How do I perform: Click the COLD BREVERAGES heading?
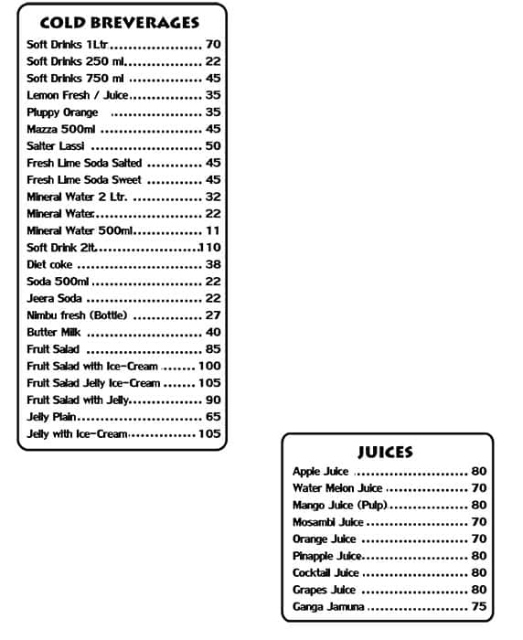click(120, 23)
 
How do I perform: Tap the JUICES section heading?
click(384, 452)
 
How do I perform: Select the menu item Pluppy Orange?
click(62, 112)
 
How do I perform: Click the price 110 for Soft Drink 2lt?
click(209, 248)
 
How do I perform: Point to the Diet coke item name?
click(49, 264)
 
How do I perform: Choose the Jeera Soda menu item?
click(54, 298)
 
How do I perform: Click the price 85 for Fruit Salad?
click(212, 349)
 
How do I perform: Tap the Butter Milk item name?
click(54, 332)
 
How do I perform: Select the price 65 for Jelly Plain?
click(212, 417)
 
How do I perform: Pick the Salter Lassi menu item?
click(56, 146)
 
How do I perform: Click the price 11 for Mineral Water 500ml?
click(212, 230)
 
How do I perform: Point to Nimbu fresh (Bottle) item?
click(77, 315)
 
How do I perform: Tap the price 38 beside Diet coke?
click(212, 264)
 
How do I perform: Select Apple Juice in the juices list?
click(320, 472)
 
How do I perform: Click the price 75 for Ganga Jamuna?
click(478, 607)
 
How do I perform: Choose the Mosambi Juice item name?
click(327, 522)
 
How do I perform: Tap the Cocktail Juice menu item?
click(326, 573)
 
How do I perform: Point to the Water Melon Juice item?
click(336, 488)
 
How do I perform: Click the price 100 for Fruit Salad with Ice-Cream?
click(208, 366)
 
